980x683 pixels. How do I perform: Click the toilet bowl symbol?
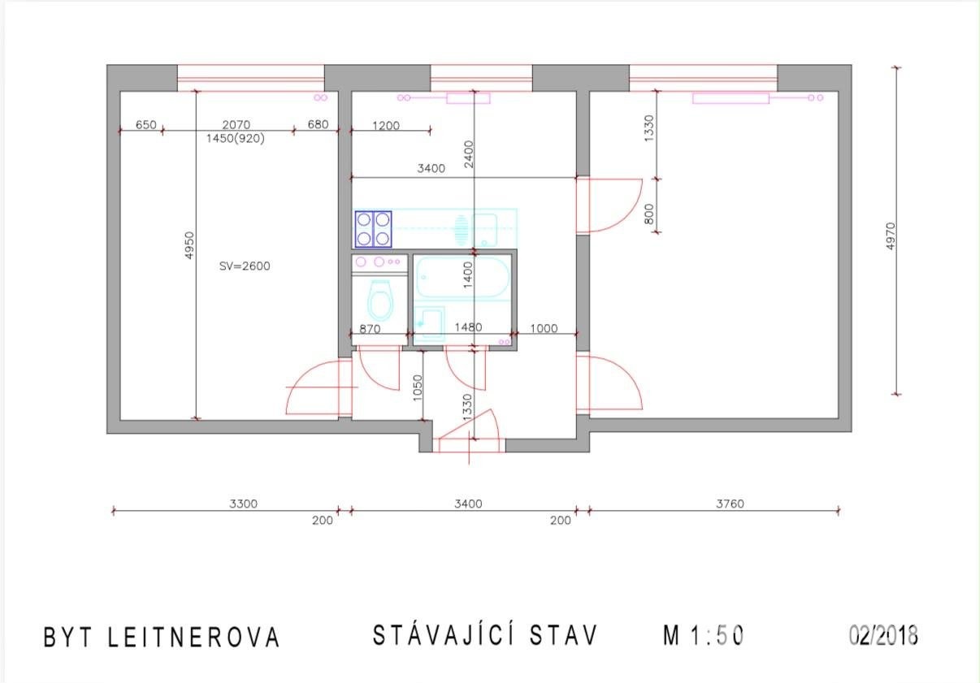(x=380, y=300)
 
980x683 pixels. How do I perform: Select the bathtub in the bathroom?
(x=463, y=277)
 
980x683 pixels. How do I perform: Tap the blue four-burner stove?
(x=373, y=229)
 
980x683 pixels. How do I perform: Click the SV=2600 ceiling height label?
(x=245, y=266)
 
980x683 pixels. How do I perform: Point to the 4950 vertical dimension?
(x=189, y=245)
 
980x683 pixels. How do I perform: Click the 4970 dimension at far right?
(x=891, y=236)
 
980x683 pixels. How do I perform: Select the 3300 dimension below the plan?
(x=243, y=504)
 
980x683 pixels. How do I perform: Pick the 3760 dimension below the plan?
(x=730, y=504)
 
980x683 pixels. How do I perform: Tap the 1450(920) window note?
(x=236, y=139)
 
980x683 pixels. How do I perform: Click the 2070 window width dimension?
(x=236, y=124)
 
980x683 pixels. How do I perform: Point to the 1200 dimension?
(x=386, y=126)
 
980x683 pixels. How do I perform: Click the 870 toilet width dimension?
(x=370, y=329)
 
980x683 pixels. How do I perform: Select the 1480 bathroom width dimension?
(x=468, y=327)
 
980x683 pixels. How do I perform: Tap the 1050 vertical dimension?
(x=418, y=387)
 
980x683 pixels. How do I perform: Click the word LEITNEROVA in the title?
(x=193, y=637)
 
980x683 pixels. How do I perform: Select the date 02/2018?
(x=883, y=635)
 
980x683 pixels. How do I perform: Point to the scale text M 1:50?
(x=703, y=636)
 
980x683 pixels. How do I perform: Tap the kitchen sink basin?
(x=485, y=230)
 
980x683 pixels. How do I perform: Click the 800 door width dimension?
(x=650, y=214)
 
